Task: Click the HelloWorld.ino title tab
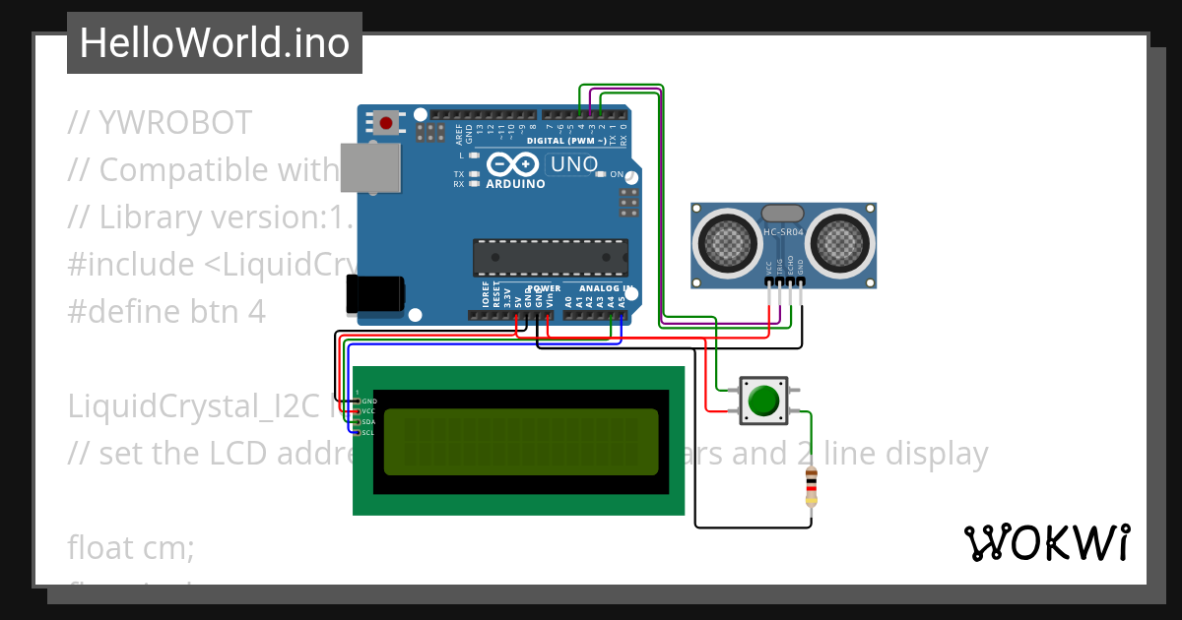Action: click(x=214, y=43)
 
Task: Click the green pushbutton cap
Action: click(x=763, y=402)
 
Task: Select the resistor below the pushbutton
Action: click(x=811, y=486)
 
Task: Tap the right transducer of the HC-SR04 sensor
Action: click(x=842, y=241)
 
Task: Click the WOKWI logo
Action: click(x=1046, y=542)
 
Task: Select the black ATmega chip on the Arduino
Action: click(x=550, y=257)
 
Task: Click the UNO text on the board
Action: click(x=573, y=164)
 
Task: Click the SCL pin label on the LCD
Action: click(x=367, y=433)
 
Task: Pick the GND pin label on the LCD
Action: click(x=369, y=402)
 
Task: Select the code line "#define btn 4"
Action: click(x=166, y=311)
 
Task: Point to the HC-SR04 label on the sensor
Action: click(x=783, y=232)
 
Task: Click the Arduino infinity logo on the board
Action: click(x=514, y=164)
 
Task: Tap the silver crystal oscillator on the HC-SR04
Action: click(x=783, y=212)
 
